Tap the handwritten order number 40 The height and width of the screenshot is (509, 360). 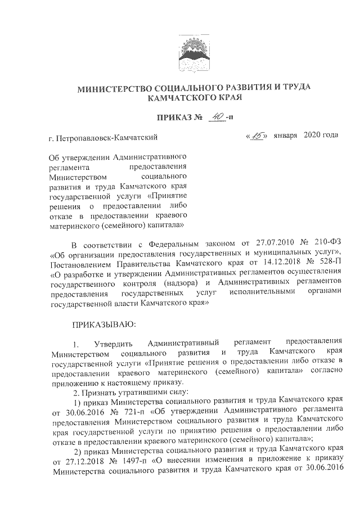(214, 116)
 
